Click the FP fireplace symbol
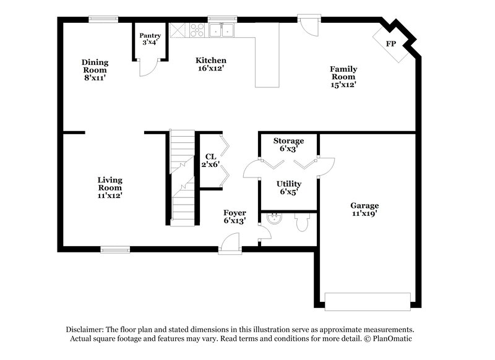[391, 44]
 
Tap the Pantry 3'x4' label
[150, 39]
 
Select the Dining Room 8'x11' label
[95, 70]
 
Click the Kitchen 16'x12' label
[211, 64]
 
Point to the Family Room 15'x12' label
[343, 77]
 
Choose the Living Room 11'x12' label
[110, 187]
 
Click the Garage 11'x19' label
[364, 209]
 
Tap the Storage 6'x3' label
[288, 145]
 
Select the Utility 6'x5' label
[289, 187]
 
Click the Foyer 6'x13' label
[235, 216]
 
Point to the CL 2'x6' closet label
[209, 161]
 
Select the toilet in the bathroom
[302, 222]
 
